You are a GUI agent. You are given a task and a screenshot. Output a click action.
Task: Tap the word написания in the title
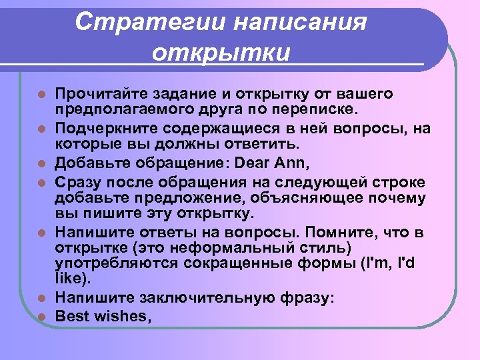tap(299, 21)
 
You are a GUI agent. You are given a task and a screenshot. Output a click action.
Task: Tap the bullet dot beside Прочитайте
tap(42, 93)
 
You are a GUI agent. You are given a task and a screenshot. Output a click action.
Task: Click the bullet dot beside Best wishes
tap(42, 317)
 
